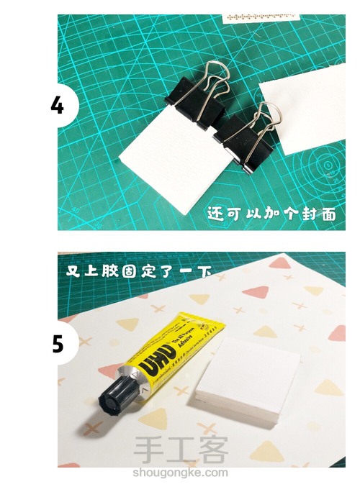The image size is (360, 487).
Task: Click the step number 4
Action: tap(57, 105)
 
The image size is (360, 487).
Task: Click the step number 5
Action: tap(58, 344)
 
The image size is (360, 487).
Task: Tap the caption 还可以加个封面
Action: tap(271, 213)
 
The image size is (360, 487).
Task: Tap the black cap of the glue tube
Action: tap(114, 396)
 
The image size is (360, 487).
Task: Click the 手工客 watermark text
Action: tap(180, 452)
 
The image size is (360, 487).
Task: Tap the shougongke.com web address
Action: tap(180, 473)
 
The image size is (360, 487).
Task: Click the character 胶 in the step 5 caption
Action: tap(115, 271)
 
